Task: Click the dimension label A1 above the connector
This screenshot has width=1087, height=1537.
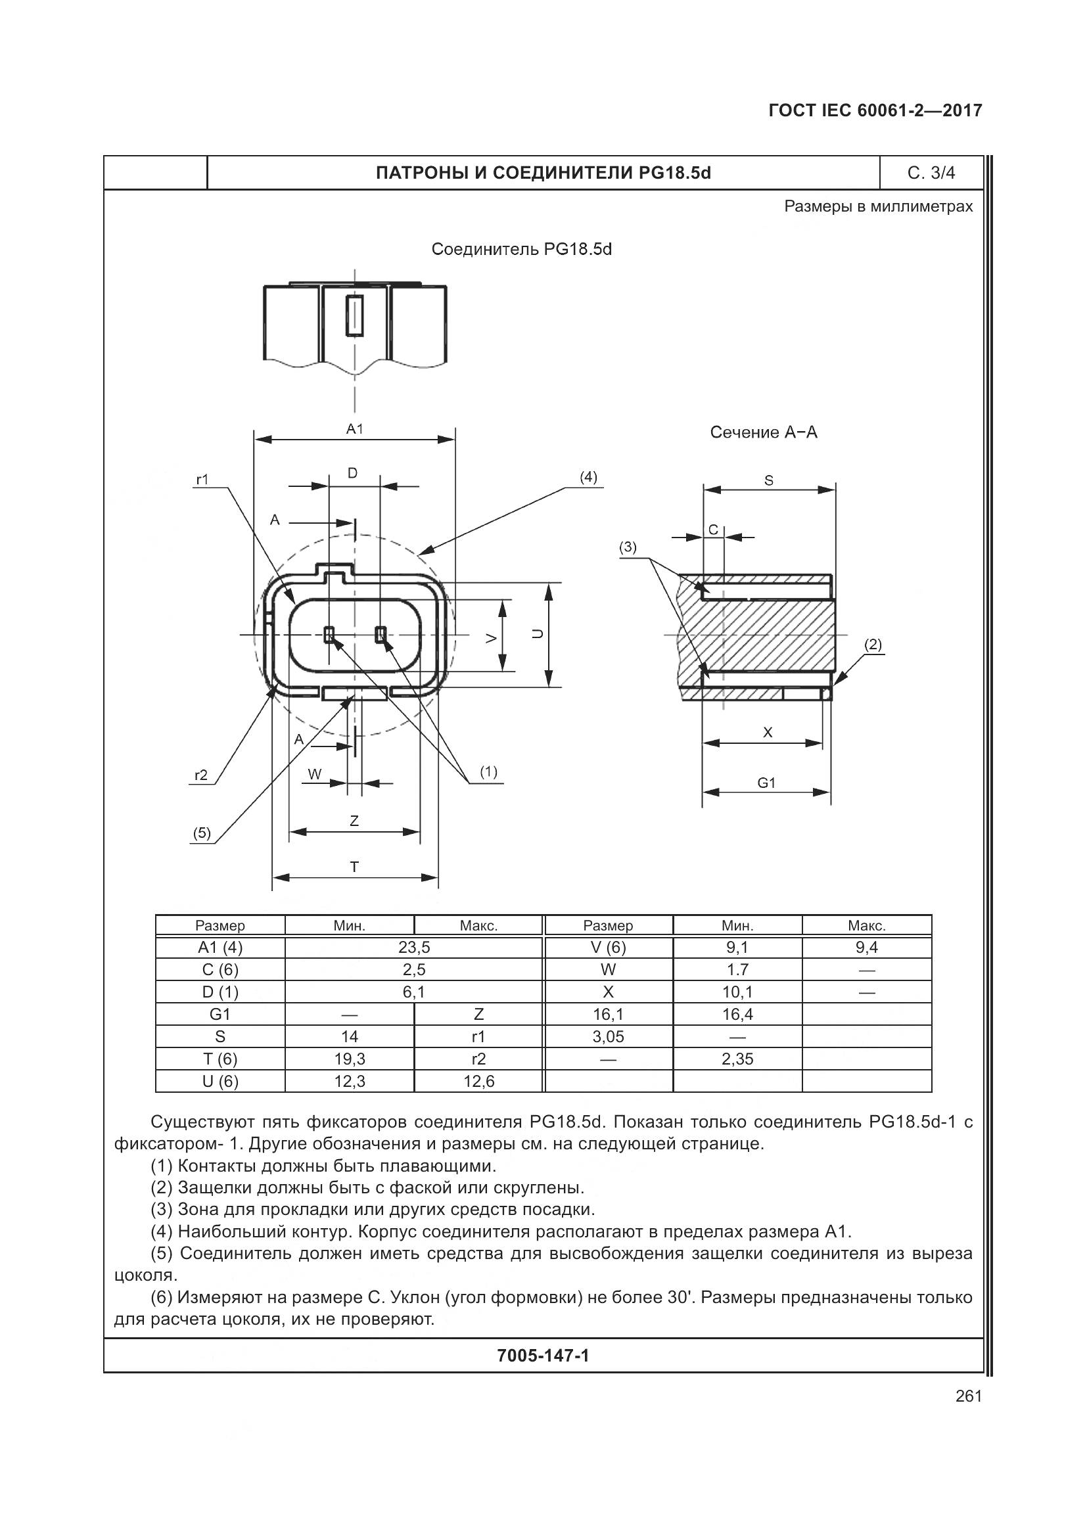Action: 354,429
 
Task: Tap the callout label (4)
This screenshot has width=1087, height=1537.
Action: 588,476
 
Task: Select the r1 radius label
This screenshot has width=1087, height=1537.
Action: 202,479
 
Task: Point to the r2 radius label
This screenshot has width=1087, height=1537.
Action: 201,775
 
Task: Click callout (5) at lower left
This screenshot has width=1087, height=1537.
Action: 202,833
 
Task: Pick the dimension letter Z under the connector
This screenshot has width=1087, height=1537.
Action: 354,821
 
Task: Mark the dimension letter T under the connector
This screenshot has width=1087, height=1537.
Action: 354,867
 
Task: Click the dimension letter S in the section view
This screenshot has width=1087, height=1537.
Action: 768,480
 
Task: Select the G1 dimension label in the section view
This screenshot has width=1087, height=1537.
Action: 766,783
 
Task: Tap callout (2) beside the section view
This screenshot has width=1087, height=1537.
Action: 873,645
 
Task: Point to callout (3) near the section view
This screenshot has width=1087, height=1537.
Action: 627,547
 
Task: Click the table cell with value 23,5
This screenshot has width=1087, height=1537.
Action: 413,948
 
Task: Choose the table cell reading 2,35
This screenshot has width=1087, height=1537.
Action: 737,1059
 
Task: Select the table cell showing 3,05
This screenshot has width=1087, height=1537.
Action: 608,1036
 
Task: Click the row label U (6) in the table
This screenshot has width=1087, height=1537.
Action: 220,1080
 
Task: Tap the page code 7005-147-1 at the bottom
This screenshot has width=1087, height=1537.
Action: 543,1356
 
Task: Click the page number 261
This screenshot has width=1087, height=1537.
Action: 969,1396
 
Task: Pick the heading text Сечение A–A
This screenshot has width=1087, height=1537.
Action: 763,432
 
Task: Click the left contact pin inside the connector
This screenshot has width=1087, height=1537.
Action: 329,634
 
